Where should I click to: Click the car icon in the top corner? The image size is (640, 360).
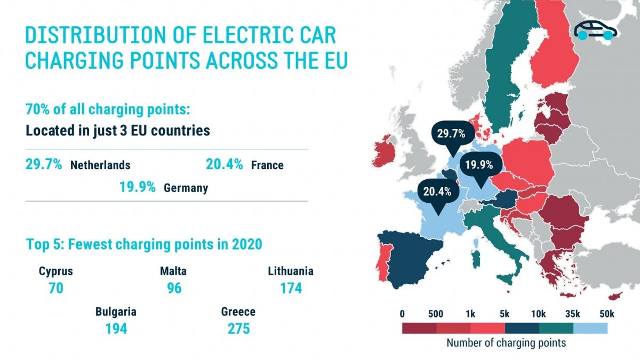pos(595,30)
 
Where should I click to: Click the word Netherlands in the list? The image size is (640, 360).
pos(100,165)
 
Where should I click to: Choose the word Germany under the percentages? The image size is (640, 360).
pos(186,188)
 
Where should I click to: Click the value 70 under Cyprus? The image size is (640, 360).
pos(55,289)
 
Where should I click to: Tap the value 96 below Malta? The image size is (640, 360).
pos(173,289)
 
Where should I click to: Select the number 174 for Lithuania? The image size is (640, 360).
pos(291,289)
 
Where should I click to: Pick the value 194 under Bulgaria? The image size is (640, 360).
pos(116,329)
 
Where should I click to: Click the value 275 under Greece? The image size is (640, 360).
pos(238,329)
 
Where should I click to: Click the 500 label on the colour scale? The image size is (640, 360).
pos(435,314)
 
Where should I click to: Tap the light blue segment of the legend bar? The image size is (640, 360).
pos(590,327)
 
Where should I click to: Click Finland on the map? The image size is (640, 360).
pos(555,53)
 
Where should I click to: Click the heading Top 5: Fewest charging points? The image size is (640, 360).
pos(144,245)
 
